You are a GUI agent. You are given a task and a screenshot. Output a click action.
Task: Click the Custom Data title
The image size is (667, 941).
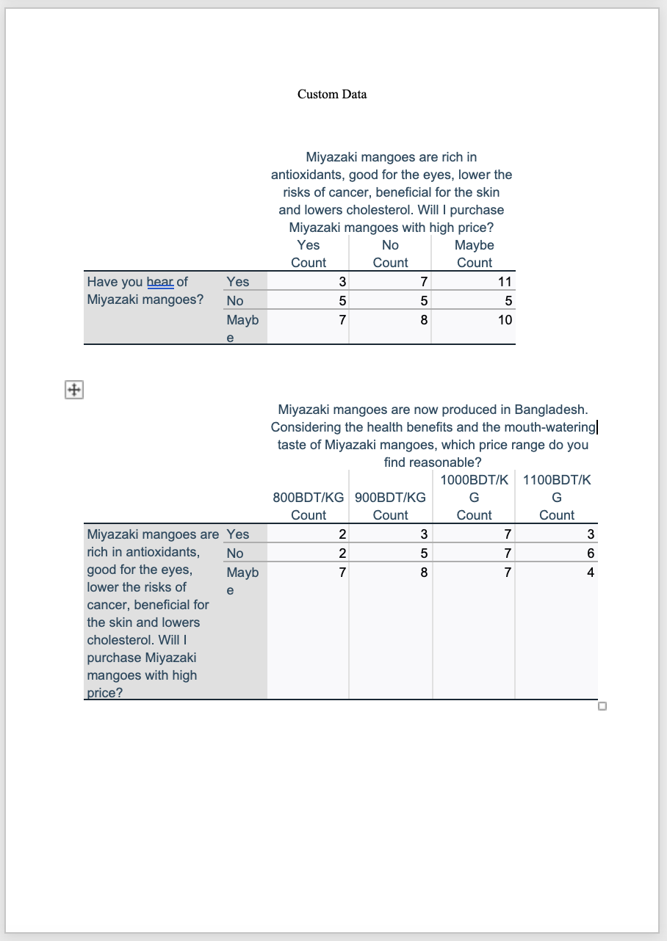[332, 94]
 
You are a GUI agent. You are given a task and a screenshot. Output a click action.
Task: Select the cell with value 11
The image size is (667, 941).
[505, 282]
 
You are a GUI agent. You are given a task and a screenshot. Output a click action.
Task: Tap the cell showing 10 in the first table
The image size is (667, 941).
[505, 320]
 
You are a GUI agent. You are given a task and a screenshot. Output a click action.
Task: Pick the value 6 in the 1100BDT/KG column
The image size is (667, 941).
[590, 553]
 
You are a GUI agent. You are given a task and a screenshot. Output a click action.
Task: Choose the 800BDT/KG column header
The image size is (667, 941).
[309, 497]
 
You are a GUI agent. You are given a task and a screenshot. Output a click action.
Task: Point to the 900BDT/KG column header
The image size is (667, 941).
[390, 497]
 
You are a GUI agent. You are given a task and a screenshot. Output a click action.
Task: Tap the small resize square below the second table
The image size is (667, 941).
[602, 707]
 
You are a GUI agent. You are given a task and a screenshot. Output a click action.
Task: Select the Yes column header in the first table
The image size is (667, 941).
[309, 245]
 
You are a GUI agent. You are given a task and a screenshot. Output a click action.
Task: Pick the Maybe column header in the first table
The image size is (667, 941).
[475, 245]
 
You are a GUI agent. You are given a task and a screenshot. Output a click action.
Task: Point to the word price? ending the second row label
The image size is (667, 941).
[104, 691]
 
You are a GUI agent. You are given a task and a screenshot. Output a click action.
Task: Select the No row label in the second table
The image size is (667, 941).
[235, 553]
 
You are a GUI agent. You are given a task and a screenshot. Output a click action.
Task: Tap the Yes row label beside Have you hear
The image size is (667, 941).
[238, 282]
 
